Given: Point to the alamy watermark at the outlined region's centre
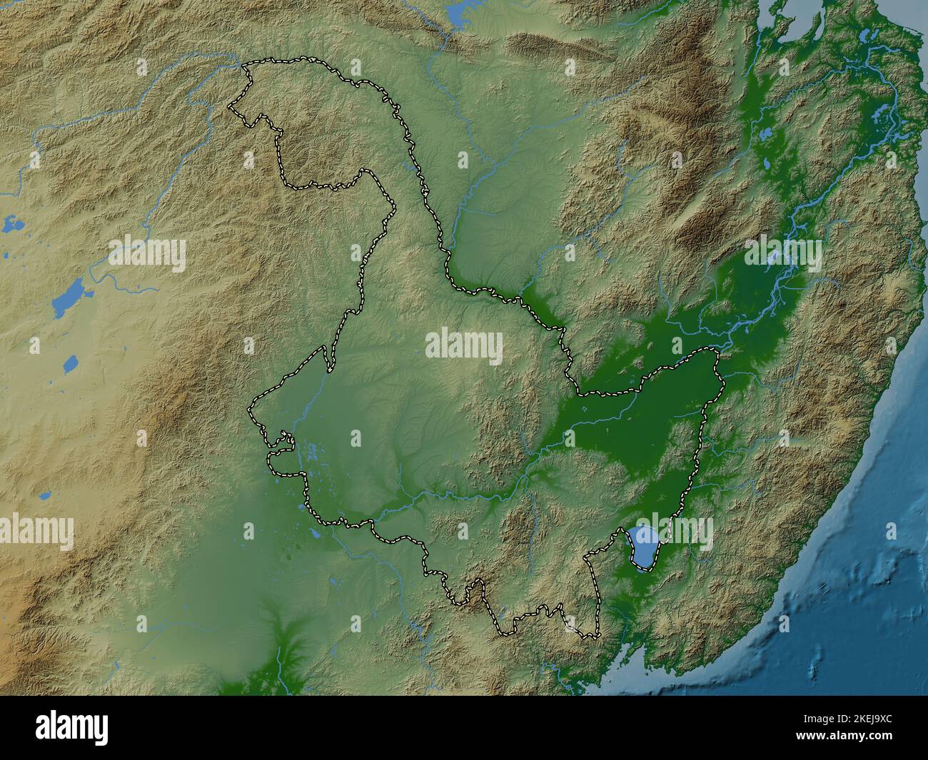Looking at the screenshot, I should (464, 347).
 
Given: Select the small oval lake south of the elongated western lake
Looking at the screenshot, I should (70, 365).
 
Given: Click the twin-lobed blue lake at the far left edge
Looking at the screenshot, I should (12, 226).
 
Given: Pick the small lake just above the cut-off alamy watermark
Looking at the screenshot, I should (44, 495).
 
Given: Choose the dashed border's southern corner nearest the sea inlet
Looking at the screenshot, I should (597, 635).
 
